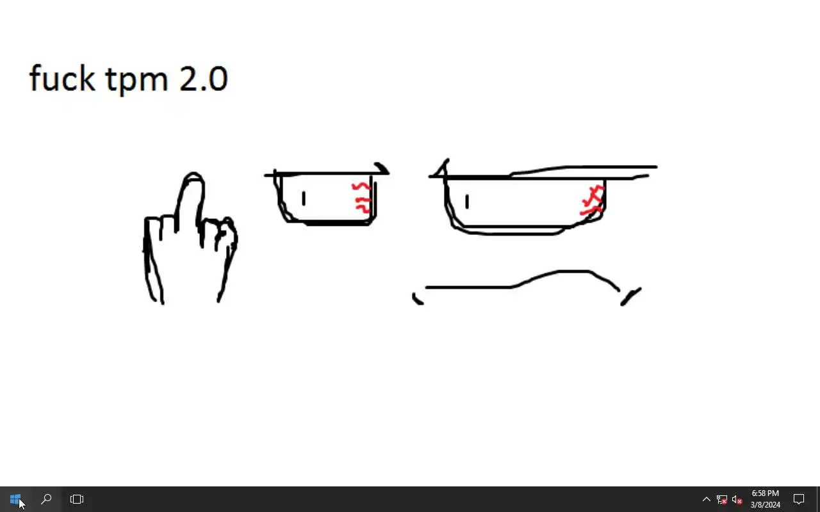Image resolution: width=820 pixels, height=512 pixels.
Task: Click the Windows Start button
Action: (x=15, y=499)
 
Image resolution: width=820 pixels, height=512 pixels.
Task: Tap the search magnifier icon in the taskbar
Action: (x=46, y=499)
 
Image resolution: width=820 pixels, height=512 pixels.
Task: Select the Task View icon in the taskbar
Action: (x=77, y=499)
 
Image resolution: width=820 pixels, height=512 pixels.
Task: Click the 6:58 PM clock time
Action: (x=765, y=493)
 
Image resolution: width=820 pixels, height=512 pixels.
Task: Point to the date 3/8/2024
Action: (x=765, y=505)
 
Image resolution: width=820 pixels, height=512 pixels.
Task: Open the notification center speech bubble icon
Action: (x=799, y=499)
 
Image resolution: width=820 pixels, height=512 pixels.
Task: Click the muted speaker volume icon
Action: (x=737, y=500)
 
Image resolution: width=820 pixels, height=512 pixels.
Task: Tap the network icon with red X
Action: (x=722, y=500)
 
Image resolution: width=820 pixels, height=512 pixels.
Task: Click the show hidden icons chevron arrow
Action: (x=707, y=499)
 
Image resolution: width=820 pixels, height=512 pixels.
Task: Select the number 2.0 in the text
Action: (x=204, y=79)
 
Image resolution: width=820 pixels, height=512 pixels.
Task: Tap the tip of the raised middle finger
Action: (x=193, y=173)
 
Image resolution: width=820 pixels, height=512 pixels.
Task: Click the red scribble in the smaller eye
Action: (x=362, y=198)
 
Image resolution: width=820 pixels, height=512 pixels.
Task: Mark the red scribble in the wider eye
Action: (x=592, y=200)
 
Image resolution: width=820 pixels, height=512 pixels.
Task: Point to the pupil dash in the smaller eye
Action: (x=304, y=198)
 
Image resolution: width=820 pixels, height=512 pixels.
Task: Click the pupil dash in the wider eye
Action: (x=467, y=202)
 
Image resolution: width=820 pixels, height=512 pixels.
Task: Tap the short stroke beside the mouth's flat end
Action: (x=416, y=300)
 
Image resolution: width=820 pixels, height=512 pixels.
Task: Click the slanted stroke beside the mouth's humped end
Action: (x=630, y=296)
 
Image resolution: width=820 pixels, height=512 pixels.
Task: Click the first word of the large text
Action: (x=62, y=78)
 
